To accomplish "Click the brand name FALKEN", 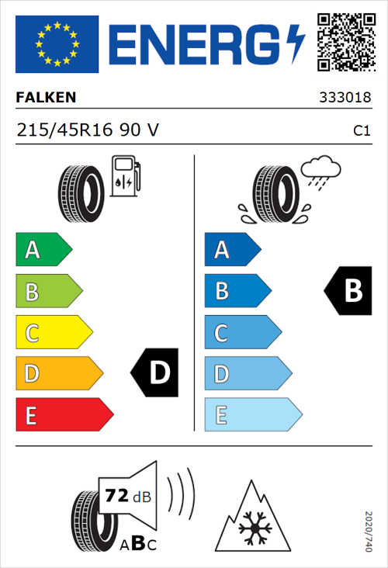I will pyautogui.click(x=47, y=98).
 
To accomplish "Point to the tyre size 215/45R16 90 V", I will pyautogui.click(x=88, y=130).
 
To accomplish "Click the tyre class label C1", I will pyautogui.click(x=361, y=131).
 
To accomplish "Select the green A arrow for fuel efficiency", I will pyautogui.click(x=42, y=250).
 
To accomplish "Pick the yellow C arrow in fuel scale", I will pyautogui.click(x=52, y=333).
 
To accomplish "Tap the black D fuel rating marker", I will pyautogui.click(x=155, y=373).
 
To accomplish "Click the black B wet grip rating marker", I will pyautogui.click(x=348, y=291).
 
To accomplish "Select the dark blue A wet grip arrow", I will pyautogui.click(x=231, y=250).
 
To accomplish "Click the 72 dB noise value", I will pyautogui.click(x=124, y=494).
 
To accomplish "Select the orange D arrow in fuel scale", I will pyautogui.click(x=57, y=374).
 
